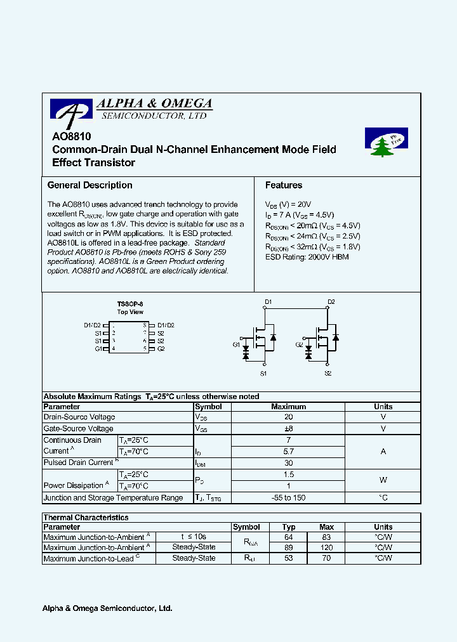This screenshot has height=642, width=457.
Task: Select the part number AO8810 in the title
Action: [x=72, y=136]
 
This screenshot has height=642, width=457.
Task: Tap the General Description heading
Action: [x=90, y=185]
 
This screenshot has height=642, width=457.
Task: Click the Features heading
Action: [x=284, y=185]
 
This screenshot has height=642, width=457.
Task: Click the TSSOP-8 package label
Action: [x=130, y=304]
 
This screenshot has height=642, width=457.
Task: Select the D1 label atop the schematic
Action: [x=268, y=301]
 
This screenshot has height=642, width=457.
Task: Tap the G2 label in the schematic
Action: [x=299, y=344]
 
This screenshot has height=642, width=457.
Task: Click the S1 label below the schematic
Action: [x=263, y=374]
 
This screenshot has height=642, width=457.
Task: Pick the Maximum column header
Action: [x=289, y=407]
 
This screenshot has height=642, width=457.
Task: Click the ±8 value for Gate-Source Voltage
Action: [x=289, y=429]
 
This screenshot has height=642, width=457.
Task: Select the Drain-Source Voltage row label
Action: [x=79, y=417]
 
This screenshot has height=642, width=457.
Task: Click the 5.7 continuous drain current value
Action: [x=289, y=451]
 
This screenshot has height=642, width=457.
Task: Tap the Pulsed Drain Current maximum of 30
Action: [x=289, y=462]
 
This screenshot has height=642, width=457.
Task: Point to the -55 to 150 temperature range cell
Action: [x=289, y=498]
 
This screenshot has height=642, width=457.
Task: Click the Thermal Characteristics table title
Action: [x=86, y=518]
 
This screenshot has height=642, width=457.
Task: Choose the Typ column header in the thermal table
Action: [x=289, y=527]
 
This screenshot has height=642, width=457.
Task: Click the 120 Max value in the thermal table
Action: [x=326, y=547]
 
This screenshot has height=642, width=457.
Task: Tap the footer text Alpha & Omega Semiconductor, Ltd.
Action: [x=107, y=608]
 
